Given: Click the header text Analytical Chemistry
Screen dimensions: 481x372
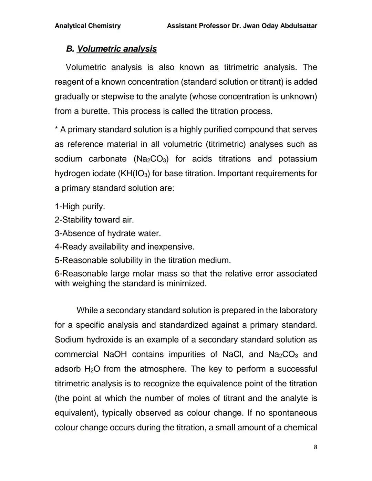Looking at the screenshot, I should pyautogui.click(x=87, y=26).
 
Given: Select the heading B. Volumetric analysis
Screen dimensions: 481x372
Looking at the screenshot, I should pyautogui.click(x=111, y=49).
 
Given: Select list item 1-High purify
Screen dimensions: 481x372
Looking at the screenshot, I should pyautogui.click(x=80, y=207).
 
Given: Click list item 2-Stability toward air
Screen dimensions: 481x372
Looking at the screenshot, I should pyautogui.click(x=94, y=220).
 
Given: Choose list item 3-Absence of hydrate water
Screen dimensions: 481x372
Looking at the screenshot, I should pyautogui.click(x=107, y=233).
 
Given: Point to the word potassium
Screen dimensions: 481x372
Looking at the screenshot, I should pyautogui.click(x=298, y=159).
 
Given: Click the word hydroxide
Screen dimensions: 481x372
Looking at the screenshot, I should pyautogui.click(x=104, y=340).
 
